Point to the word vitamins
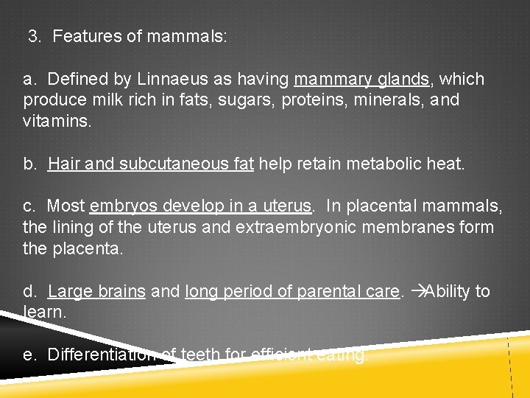tap(57, 120)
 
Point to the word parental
tap(328, 291)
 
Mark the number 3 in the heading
tap(34, 36)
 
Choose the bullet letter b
tap(29, 163)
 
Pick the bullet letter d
tap(29, 291)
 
